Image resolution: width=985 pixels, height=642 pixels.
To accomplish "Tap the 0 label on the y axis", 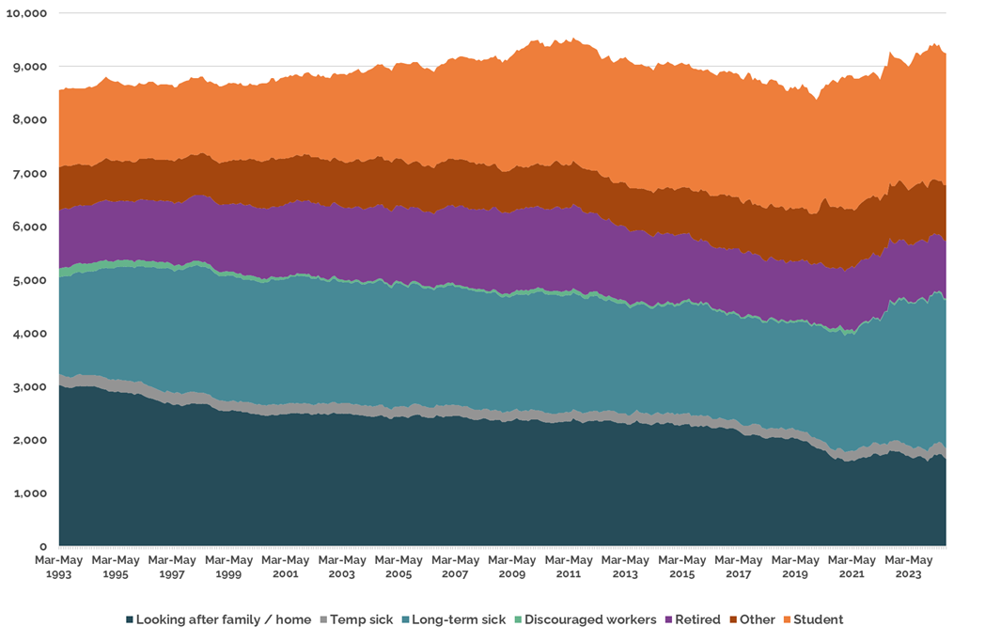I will click(x=43, y=546).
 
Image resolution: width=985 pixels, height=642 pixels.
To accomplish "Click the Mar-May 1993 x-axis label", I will click(x=59, y=566).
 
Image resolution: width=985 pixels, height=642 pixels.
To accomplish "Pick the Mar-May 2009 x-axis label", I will click(x=511, y=566).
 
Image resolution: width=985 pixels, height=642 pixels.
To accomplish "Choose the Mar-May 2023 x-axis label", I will click(x=908, y=566).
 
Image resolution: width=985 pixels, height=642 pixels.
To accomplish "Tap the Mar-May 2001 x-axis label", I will click(x=285, y=566).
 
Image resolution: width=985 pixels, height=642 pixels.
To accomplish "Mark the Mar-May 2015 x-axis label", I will click(x=681, y=566).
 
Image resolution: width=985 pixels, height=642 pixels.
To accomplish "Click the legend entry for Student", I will click(x=819, y=619).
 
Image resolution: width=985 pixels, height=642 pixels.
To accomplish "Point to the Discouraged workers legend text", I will click(x=590, y=619).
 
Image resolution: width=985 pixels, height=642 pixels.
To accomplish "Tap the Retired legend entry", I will click(x=697, y=619).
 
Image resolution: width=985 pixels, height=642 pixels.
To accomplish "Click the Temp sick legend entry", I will click(x=361, y=619).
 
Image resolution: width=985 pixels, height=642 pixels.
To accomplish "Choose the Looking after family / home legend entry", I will click(x=224, y=619).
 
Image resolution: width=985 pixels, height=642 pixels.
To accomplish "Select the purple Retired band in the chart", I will click(x=470, y=249).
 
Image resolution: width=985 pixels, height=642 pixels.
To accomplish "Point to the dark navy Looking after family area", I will click(x=470, y=479).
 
